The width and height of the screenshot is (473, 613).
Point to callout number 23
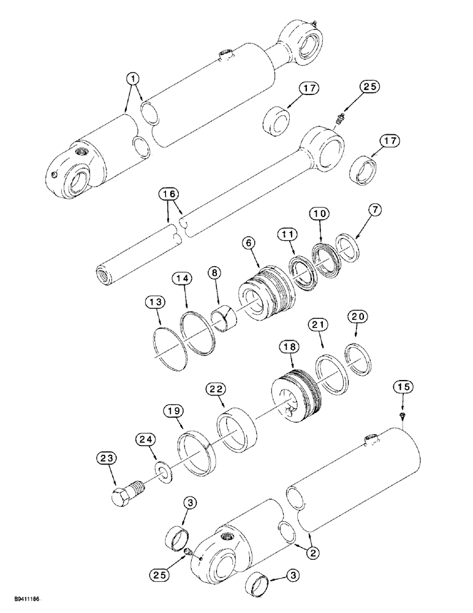(107, 458)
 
